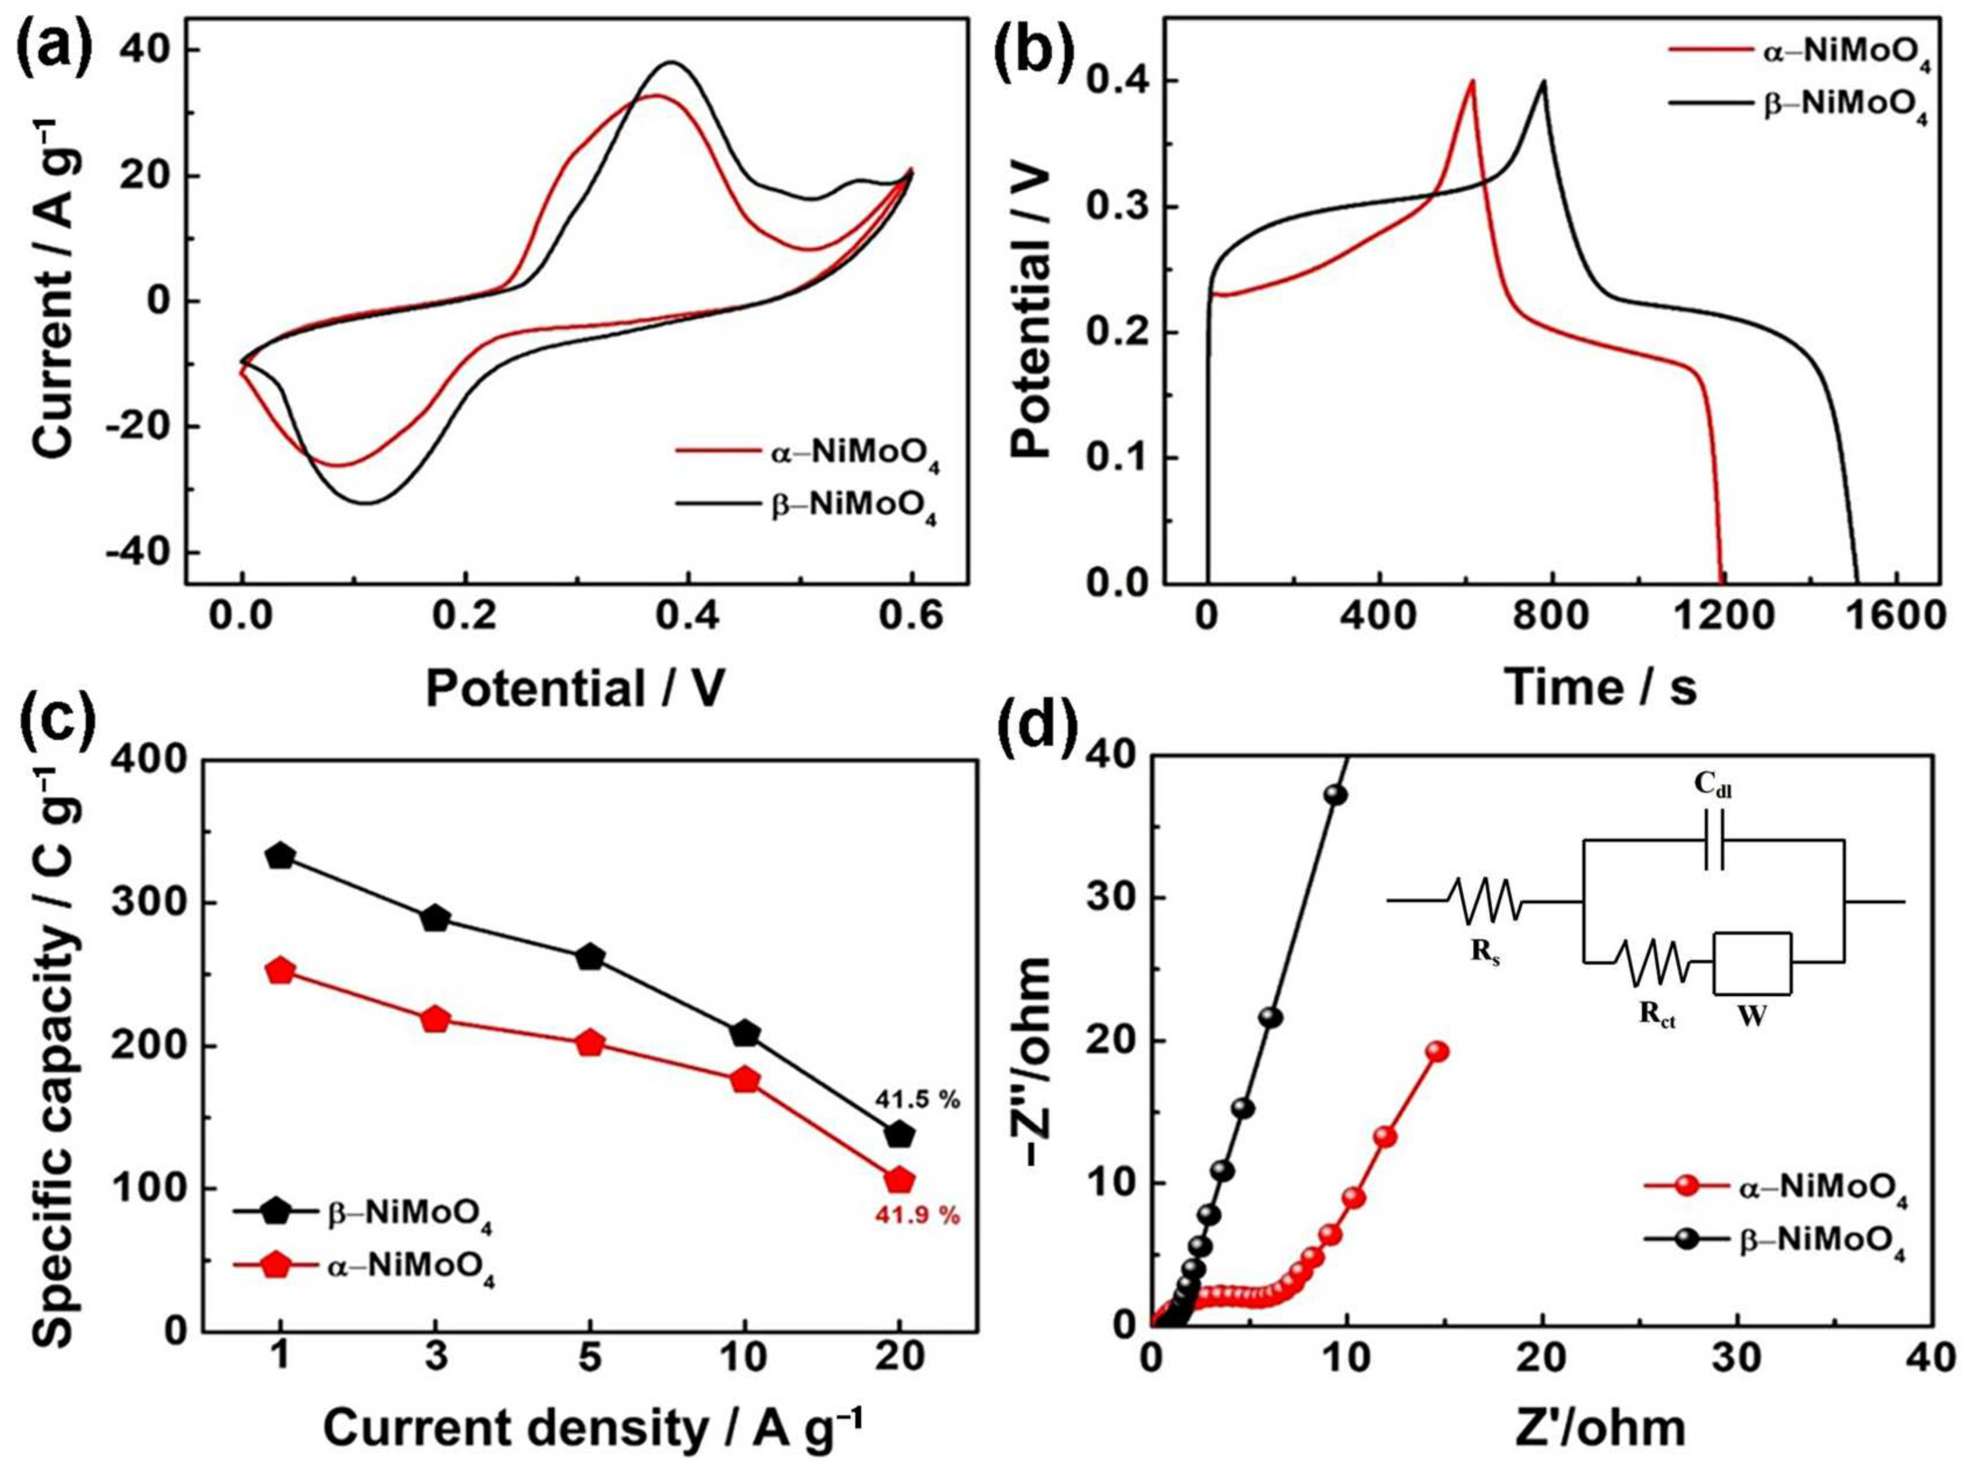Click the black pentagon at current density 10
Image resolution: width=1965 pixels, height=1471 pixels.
tap(744, 1034)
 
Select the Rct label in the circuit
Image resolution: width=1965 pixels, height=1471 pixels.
tap(1658, 1018)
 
